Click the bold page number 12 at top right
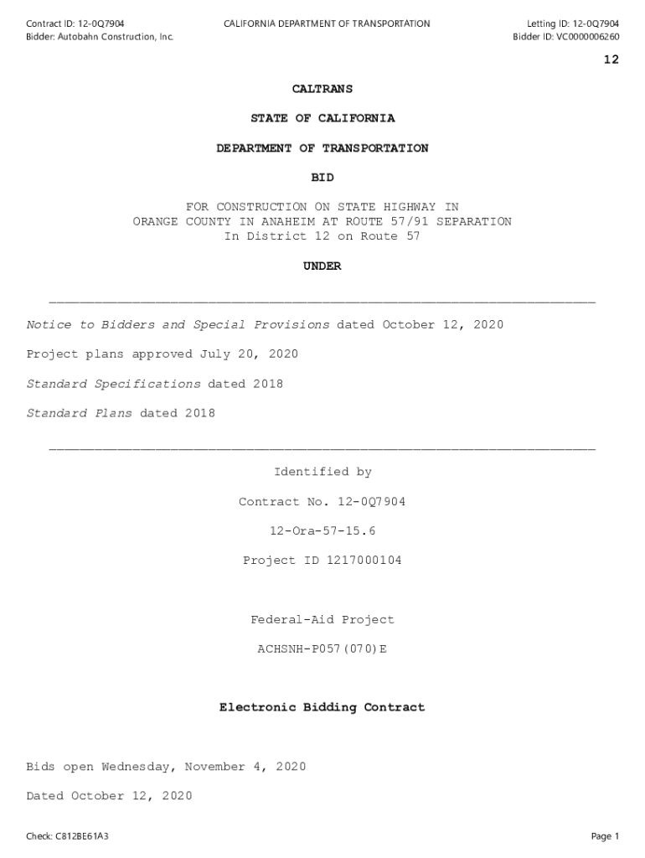click(x=611, y=59)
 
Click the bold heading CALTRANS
click(x=322, y=89)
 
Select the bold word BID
click(x=322, y=178)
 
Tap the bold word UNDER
click(x=322, y=266)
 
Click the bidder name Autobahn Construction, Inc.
click(x=116, y=37)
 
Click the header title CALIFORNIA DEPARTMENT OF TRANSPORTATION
click(x=327, y=23)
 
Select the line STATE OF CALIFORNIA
click(x=322, y=118)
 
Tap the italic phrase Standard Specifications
click(x=113, y=384)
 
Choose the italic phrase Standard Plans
click(x=79, y=413)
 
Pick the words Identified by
click(x=322, y=473)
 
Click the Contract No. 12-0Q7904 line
click(x=322, y=502)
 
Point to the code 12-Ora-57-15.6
click(x=322, y=531)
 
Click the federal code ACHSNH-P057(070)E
click(x=322, y=649)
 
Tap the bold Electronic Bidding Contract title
click(x=322, y=708)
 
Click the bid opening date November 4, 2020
click(x=245, y=768)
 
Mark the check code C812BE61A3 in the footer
click(x=81, y=836)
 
